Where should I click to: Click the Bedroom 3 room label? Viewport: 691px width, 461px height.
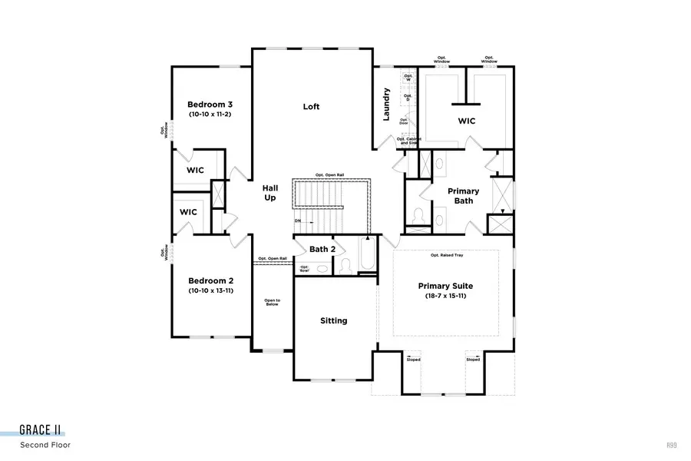click(210, 104)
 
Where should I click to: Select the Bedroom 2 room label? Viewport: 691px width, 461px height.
click(210, 280)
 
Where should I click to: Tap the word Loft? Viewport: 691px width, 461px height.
click(311, 107)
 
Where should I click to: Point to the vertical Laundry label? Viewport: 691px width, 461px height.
click(387, 104)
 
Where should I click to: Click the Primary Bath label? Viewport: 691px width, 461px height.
click(463, 196)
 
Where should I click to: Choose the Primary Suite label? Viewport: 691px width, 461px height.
click(445, 286)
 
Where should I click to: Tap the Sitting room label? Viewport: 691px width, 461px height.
click(333, 320)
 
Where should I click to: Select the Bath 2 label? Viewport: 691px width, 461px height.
click(322, 249)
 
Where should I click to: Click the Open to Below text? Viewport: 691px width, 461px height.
click(272, 302)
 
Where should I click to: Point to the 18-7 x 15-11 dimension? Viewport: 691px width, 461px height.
click(445, 297)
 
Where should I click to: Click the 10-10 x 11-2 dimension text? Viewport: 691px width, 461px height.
click(210, 114)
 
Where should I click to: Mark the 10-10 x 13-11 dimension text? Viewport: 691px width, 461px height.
click(210, 291)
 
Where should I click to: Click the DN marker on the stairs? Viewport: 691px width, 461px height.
click(298, 221)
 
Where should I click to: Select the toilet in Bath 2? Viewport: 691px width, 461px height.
click(345, 265)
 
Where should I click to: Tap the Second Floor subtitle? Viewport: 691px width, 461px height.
click(45, 445)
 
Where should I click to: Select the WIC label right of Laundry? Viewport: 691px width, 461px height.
click(467, 121)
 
